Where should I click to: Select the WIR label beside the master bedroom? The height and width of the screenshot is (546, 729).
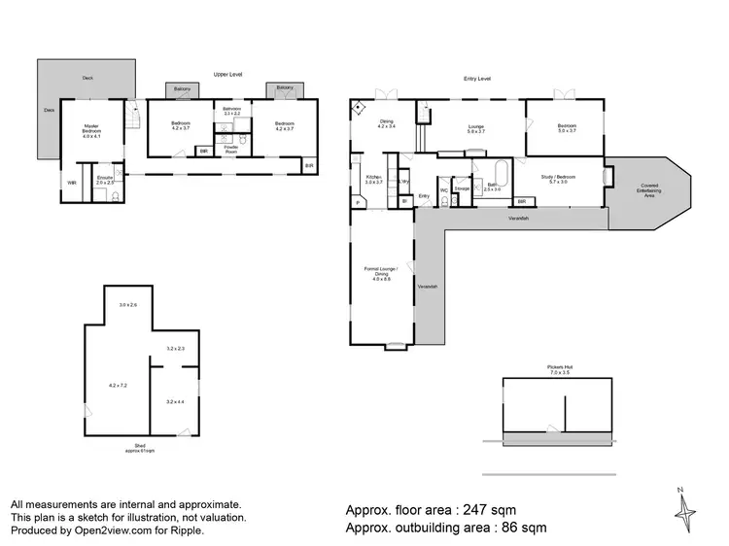point(71,183)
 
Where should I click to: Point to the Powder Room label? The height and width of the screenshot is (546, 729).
point(231,149)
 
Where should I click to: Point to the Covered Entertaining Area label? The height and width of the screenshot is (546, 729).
point(648,188)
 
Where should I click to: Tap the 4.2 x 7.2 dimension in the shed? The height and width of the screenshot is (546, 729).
point(118,386)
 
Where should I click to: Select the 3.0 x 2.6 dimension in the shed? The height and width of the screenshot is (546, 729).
point(128,305)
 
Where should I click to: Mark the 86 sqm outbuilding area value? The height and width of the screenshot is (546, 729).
point(516,529)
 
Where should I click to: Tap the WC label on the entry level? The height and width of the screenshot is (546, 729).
point(442,190)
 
